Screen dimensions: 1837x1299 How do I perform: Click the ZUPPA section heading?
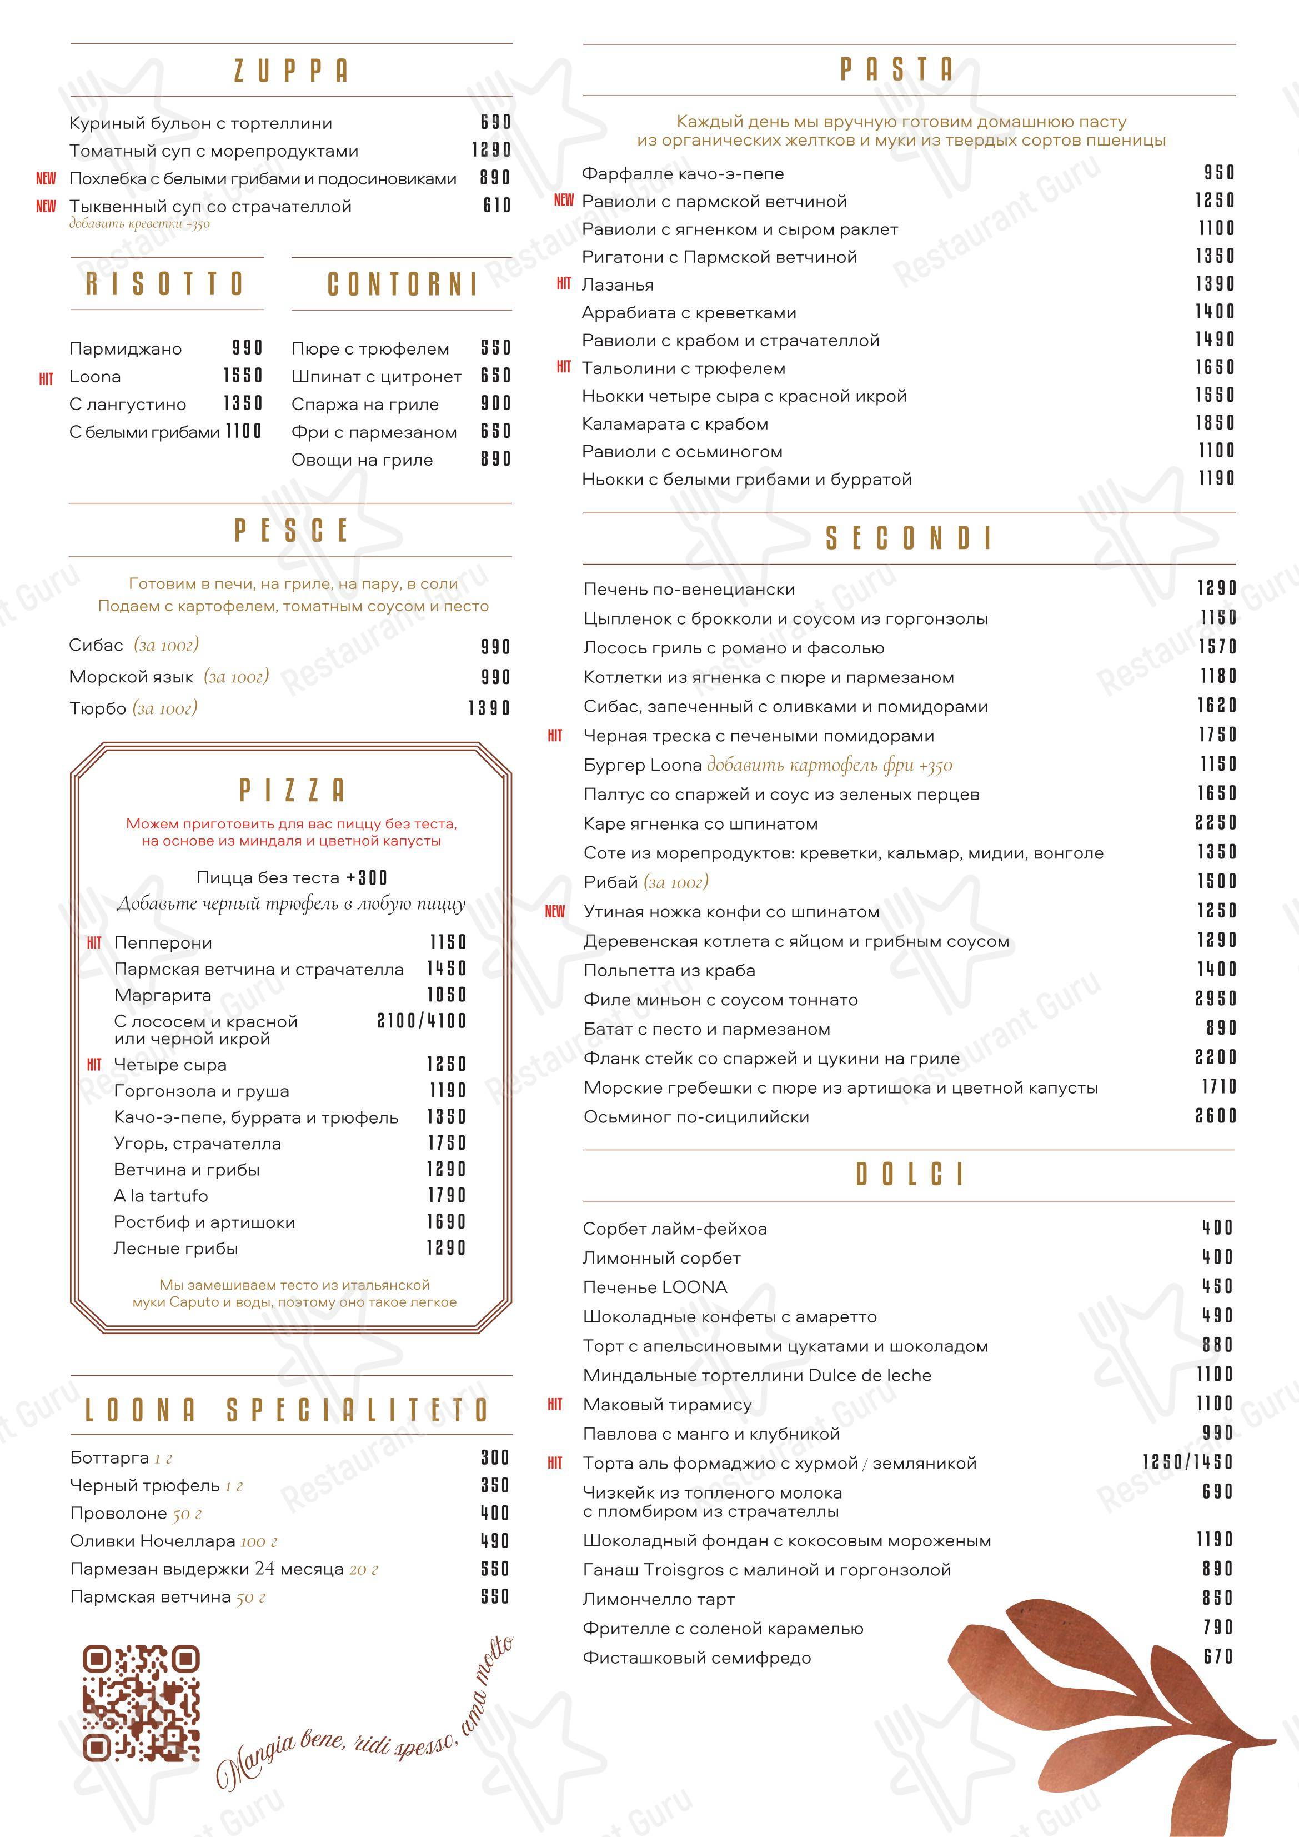click(x=291, y=71)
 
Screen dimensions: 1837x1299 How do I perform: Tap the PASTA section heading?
click(x=897, y=69)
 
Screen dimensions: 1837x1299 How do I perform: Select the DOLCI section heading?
click(x=910, y=1174)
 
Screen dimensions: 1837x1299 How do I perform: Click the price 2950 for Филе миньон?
click(x=1216, y=999)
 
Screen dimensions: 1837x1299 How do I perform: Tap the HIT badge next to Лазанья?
click(x=564, y=284)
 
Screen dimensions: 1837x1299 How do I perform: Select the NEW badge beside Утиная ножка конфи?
click(x=555, y=911)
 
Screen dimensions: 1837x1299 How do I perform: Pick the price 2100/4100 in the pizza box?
click(x=421, y=1021)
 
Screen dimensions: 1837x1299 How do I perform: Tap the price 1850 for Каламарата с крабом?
click(x=1216, y=422)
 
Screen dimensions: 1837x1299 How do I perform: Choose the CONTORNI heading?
click(x=402, y=284)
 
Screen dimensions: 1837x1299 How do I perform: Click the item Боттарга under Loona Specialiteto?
click(x=109, y=1457)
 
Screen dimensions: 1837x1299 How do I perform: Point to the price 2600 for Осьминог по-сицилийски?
click(x=1216, y=1115)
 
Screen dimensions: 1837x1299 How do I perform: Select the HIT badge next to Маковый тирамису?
click(x=555, y=1404)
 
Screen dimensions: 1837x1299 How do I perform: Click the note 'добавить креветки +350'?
click(x=139, y=224)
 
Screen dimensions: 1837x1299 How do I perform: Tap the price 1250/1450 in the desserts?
click(x=1188, y=1462)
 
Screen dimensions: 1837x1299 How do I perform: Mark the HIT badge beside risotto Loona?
click(x=47, y=378)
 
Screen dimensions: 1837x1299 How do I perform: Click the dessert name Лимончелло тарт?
click(x=658, y=1599)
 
